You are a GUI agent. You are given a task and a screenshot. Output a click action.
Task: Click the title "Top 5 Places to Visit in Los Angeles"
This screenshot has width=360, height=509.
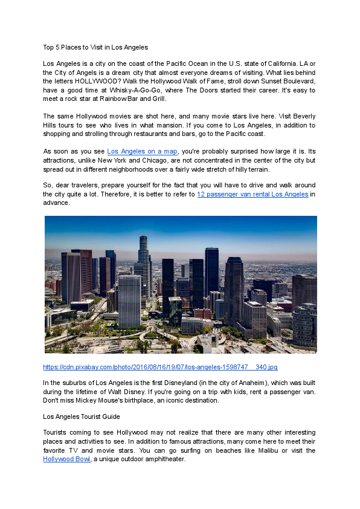pyautogui.click(x=95, y=47)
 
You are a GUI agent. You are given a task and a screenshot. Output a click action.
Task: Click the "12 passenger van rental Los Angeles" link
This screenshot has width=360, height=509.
pyautogui.click(x=252, y=195)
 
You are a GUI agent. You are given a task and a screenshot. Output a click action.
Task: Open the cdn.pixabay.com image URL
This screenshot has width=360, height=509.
pyautogui.click(x=160, y=367)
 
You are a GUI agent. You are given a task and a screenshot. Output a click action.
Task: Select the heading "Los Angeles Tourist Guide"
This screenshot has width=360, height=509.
pyautogui.click(x=82, y=417)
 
